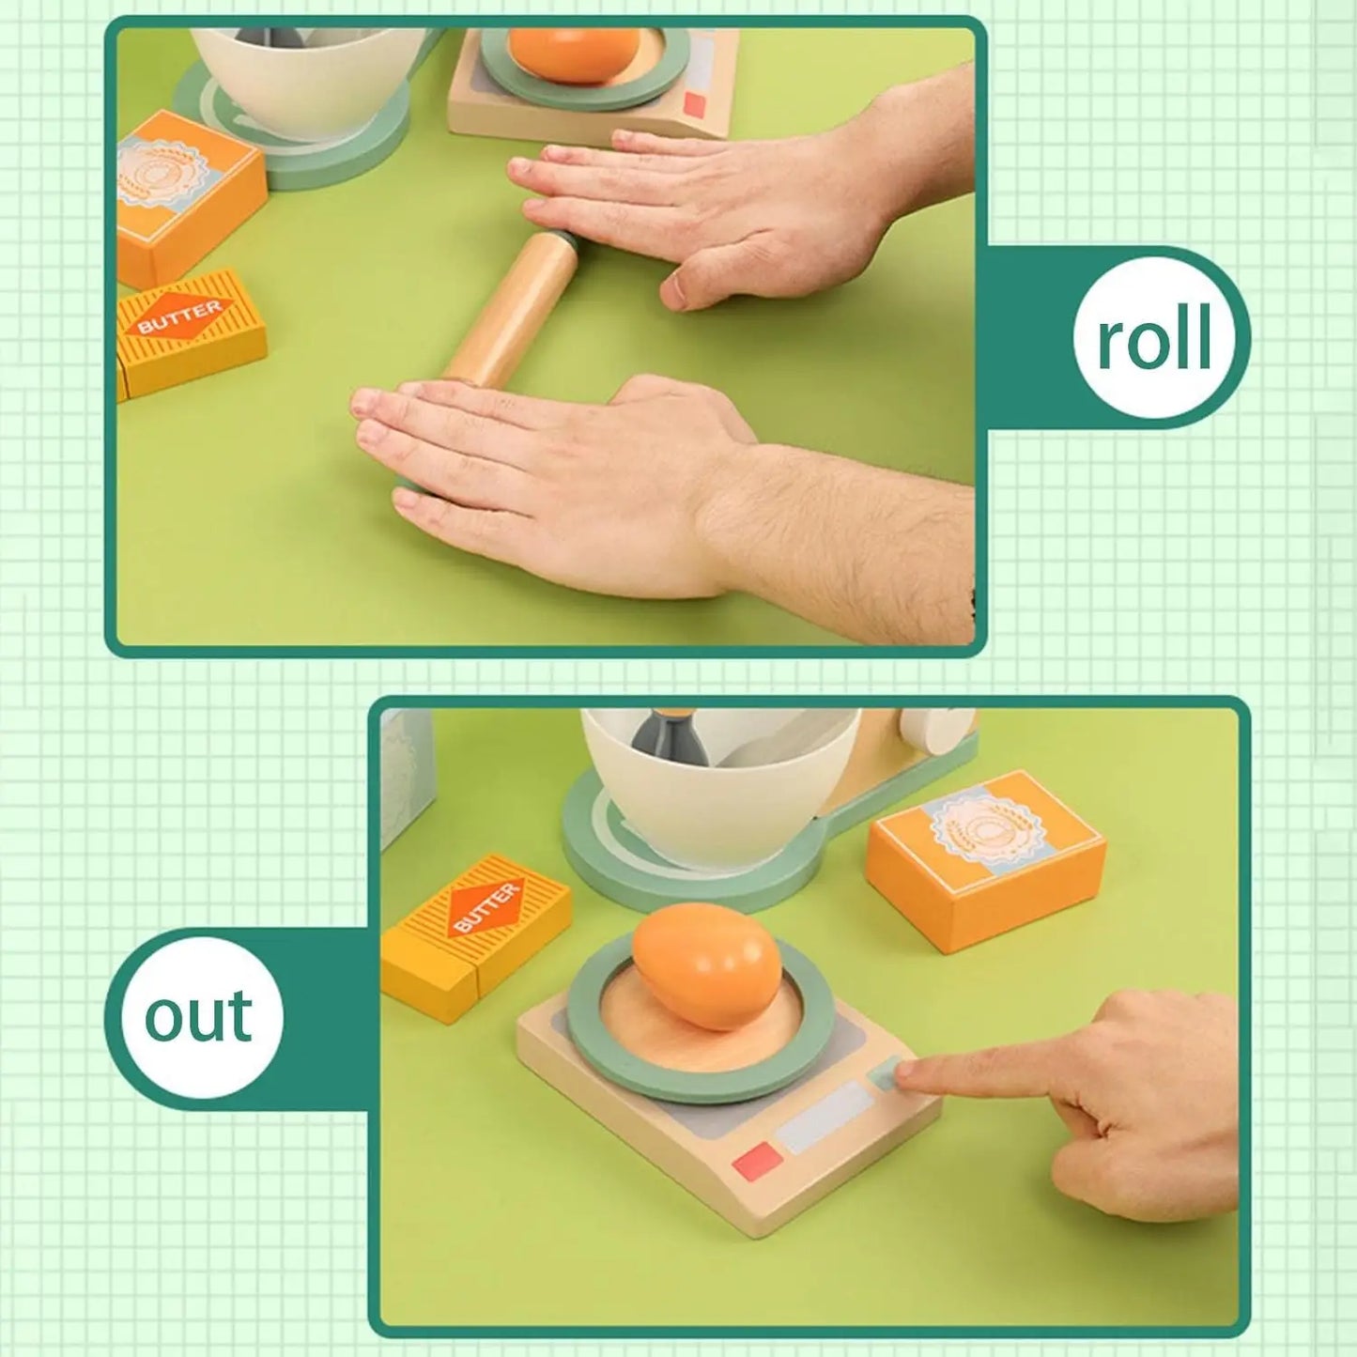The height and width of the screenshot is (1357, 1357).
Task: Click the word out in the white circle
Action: pyautogui.click(x=198, y=1016)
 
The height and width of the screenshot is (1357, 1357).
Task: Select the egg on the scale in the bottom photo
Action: pyautogui.click(x=706, y=964)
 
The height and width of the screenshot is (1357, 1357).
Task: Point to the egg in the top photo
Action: pyautogui.click(x=574, y=52)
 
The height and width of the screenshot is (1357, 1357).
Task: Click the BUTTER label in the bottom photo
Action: pyautogui.click(x=486, y=908)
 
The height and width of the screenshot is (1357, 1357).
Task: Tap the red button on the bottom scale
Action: pyautogui.click(x=758, y=1161)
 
